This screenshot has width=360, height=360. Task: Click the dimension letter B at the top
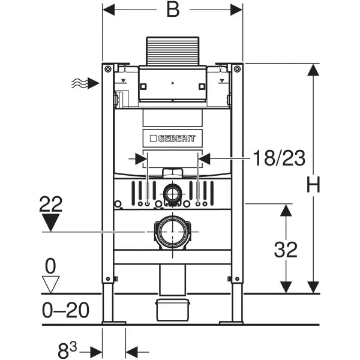pos(173,10)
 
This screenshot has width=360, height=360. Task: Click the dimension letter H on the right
pos(313,185)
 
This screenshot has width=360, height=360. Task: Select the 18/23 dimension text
pos(278,158)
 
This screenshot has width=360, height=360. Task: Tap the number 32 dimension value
pos(286,249)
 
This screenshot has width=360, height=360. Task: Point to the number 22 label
pos(51,205)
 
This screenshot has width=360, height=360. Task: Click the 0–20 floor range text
pos(66,310)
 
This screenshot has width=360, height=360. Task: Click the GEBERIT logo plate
pos(173,139)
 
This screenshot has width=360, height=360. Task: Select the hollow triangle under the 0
pos(52,283)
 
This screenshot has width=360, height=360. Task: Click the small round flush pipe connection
pos(173,193)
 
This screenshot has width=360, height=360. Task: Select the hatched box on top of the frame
pos(172,52)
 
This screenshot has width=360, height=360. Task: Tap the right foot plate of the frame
pos(231,323)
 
